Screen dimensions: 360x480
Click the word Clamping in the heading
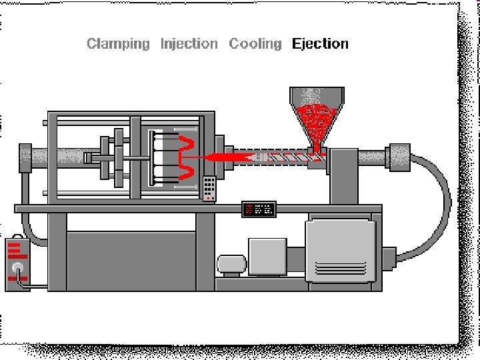click(x=119, y=44)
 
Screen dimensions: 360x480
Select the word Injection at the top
click(x=189, y=44)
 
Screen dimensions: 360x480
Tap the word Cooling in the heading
click(x=255, y=44)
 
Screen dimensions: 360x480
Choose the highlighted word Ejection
click(x=320, y=44)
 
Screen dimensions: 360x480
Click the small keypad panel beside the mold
click(x=210, y=187)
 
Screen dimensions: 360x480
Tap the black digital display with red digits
click(x=259, y=209)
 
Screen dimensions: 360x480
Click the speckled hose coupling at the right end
click(x=399, y=157)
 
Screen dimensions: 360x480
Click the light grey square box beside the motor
click(x=267, y=256)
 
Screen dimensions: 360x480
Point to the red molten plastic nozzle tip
click(x=223, y=157)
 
